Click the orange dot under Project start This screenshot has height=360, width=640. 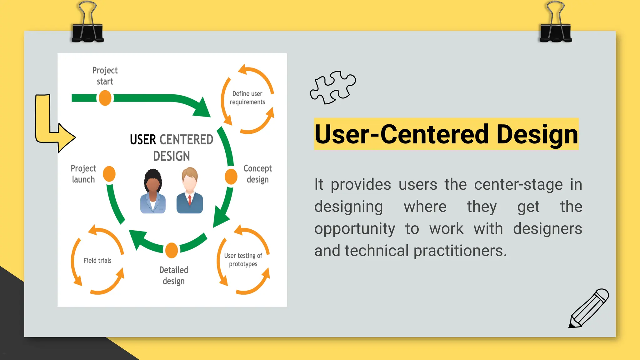105,98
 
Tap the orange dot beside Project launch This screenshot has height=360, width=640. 109,174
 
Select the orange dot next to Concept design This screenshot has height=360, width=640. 231,177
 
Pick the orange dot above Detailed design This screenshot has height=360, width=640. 172,250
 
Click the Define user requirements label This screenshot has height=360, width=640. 247,98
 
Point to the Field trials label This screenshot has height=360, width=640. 97,260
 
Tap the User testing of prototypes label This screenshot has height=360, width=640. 243,260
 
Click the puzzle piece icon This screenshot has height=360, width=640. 333,87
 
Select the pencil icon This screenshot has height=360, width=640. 588,309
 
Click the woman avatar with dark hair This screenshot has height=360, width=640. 153,191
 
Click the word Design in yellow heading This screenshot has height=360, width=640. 537,134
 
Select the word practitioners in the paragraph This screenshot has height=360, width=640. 460,251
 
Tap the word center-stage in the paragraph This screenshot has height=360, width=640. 518,184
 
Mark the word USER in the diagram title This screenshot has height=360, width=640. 143,139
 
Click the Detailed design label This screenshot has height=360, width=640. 174,275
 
